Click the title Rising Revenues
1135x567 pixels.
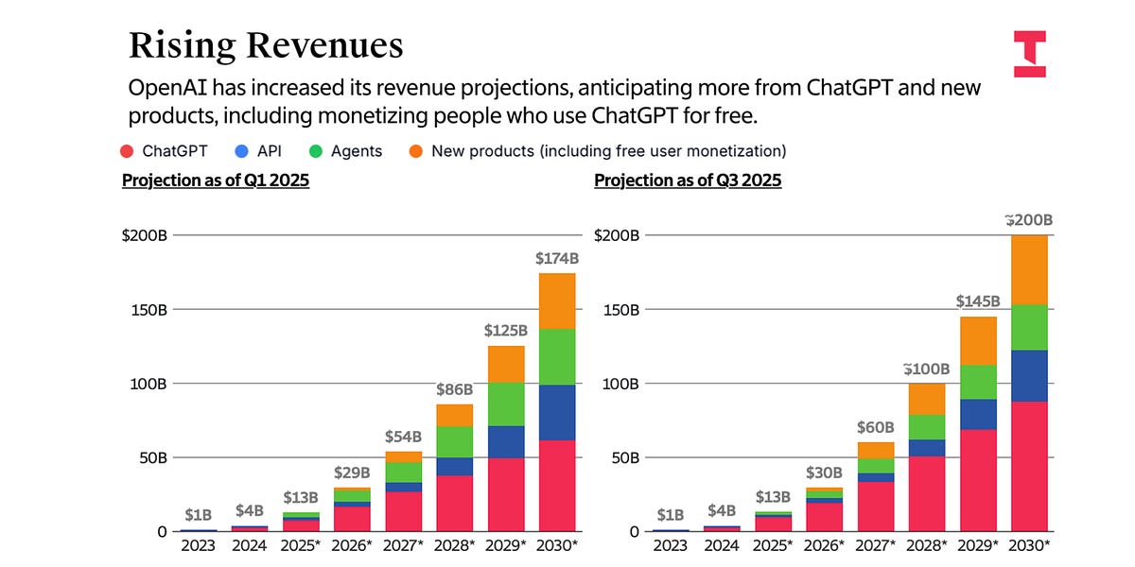[x=266, y=46]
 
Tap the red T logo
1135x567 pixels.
[x=1029, y=53]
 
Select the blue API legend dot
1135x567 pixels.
[x=242, y=150]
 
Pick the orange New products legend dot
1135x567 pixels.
[x=414, y=150]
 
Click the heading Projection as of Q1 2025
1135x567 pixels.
[x=216, y=180]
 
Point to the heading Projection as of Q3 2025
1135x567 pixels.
[x=688, y=180]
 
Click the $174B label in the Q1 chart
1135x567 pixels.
[x=556, y=258]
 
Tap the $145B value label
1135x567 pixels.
[x=978, y=301]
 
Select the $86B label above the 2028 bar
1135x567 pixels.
[x=454, y=389]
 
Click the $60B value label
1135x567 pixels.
[x=876, y=427]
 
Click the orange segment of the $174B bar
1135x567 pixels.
[x=556, y=301]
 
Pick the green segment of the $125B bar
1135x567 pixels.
[x=506, y=404]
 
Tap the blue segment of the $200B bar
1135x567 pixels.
[x=1029, y=376]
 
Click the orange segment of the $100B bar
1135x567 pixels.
[x=927, y=399]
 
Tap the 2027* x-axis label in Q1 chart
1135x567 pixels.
[x=403, y=545]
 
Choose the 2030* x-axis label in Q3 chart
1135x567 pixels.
[x=1029, y=545]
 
